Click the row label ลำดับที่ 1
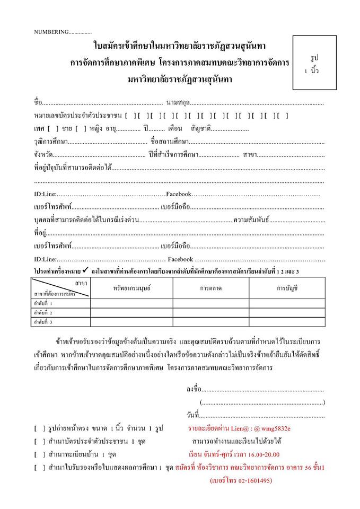43,303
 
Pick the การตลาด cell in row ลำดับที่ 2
211,312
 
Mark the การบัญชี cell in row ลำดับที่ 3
287,321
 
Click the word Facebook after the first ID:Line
178,194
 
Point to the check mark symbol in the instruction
85,271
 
